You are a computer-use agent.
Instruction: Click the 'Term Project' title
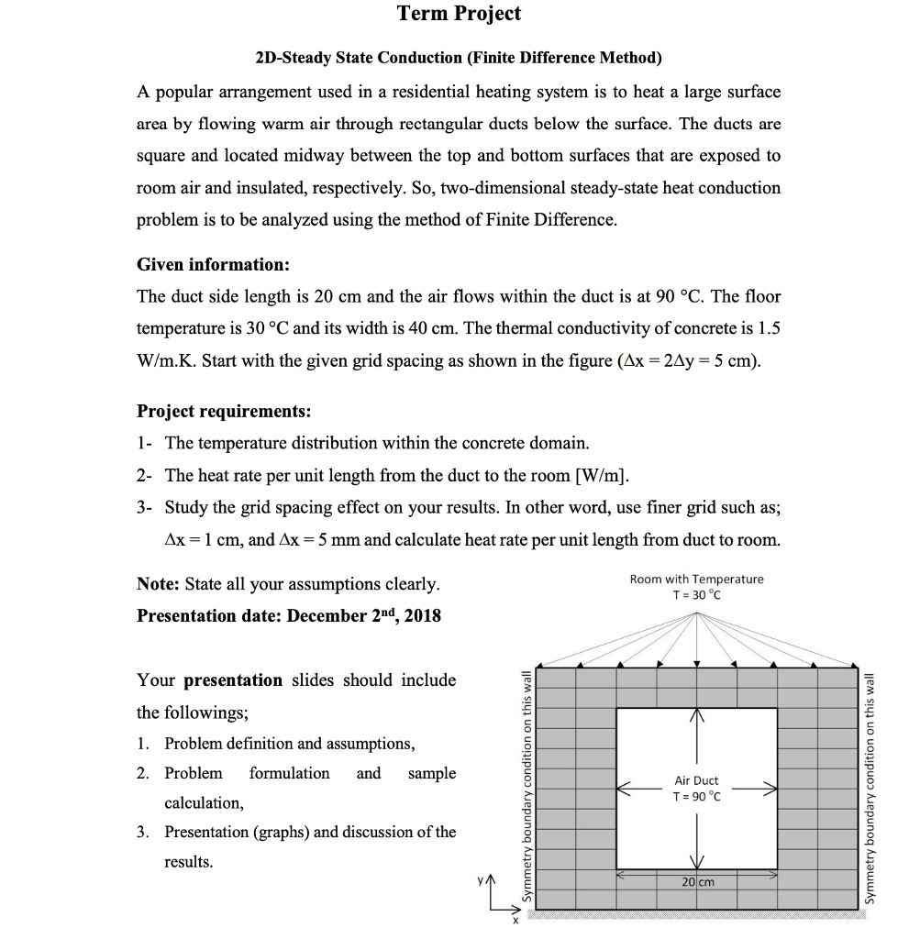pos(459,13)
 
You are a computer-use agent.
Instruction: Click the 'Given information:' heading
pos(213,265)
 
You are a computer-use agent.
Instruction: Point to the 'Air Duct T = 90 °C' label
pos(696,788)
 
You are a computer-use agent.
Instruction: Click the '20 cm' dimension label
pos(697,881)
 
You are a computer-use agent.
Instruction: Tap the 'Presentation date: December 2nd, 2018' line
pos(289,615)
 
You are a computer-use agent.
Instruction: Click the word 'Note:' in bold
pos(159,584)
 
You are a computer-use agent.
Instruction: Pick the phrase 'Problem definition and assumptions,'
pos(289,744)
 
